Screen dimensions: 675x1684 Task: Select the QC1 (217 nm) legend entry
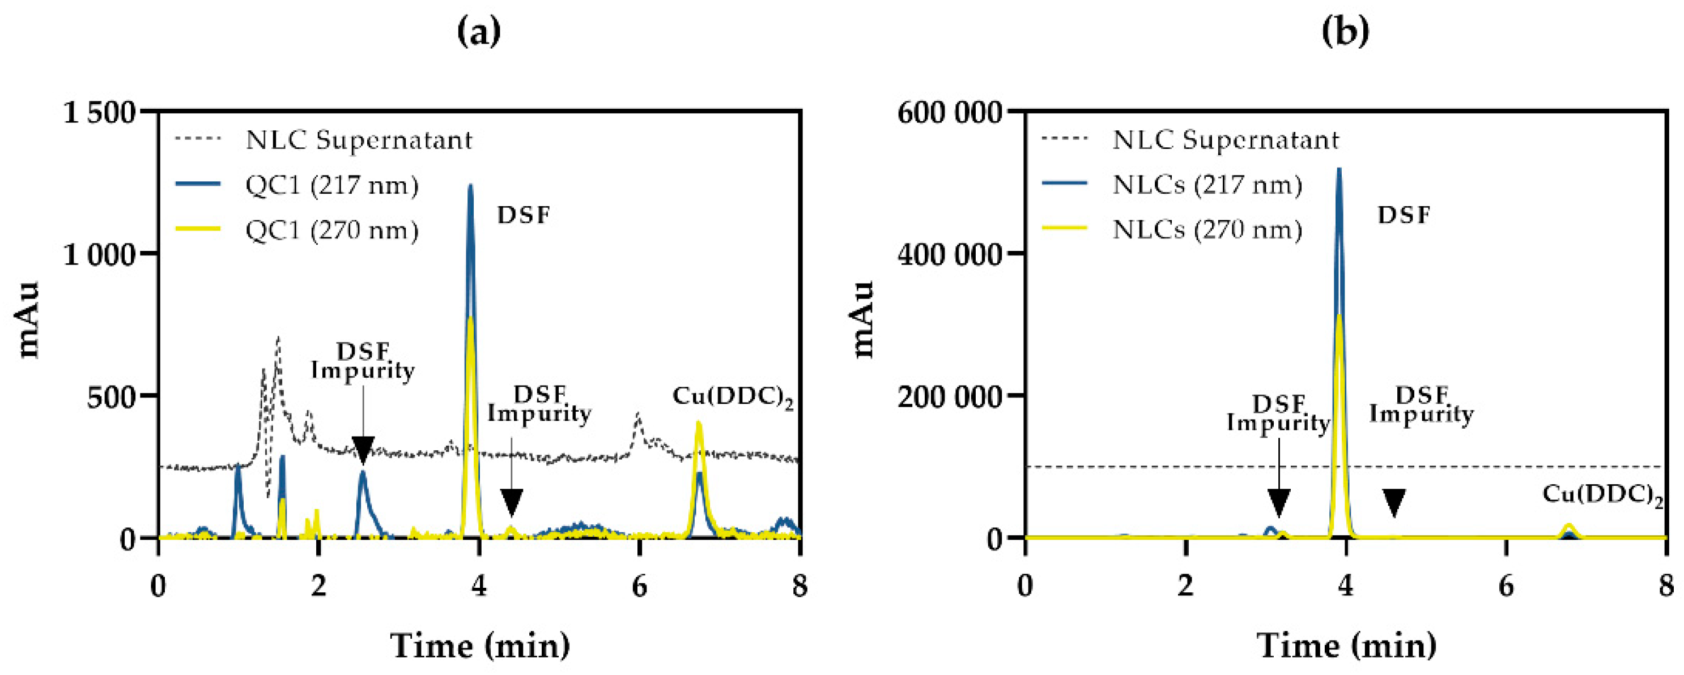click(x=331, y=185)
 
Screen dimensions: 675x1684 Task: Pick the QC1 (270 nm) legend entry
click(x=331, y=230)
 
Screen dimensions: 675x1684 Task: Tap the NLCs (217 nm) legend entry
click(x=1207, y=185)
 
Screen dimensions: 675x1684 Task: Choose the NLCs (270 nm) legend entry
click(x=1207, y=230)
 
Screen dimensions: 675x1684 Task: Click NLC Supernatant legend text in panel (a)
click(x=359, y=140)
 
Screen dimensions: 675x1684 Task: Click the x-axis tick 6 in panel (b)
click(x=1506, y=586)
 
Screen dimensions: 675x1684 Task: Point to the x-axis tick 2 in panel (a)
click(x=318, y=586)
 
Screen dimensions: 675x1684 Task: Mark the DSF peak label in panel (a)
click(x=524, y=215)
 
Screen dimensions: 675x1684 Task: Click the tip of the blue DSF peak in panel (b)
click(x=1339, y=169)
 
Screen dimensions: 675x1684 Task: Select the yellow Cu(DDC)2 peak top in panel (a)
click(x=698, y=423)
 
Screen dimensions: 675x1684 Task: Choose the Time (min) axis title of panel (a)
click(x=480, y=646)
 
